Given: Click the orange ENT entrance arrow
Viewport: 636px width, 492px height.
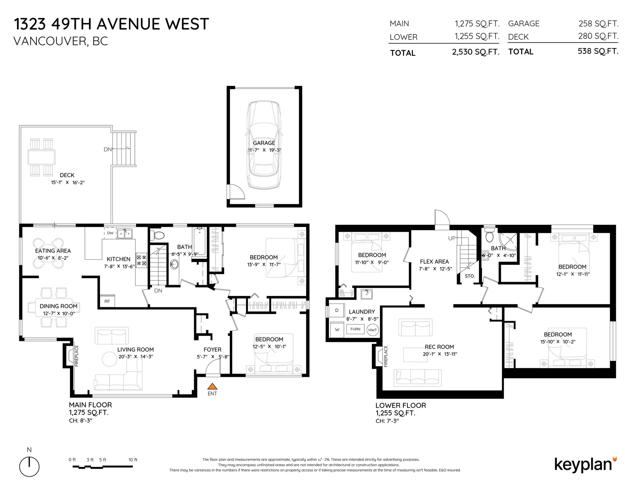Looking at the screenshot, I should (x=212, y=386).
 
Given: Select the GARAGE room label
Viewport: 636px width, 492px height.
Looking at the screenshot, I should (x=264, y=143).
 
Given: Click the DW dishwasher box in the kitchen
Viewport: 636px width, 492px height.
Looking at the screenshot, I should (x=110, y=233).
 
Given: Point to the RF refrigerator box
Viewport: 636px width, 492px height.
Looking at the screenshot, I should (x=107, y=301).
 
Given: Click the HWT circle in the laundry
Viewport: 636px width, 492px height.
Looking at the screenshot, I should (x=373, y=330).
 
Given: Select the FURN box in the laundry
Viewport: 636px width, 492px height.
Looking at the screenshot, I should (x=355, y=329).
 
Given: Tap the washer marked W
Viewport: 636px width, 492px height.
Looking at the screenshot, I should (x=337, y=330).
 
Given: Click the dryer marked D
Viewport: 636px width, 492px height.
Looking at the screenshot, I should (x=337, y=311).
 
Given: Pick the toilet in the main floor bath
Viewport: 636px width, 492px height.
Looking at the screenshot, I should (x=158, y=235).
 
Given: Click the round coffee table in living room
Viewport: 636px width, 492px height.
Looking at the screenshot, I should (x=109, y=359).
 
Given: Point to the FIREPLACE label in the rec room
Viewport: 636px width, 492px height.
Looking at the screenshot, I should (x=386, y=356).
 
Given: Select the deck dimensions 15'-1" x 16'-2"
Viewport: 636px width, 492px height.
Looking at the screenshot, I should (x=68, y=183).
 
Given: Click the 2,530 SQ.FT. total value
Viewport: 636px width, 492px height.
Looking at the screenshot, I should (x=475, y=52).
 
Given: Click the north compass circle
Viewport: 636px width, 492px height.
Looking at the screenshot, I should (x=29, y=467).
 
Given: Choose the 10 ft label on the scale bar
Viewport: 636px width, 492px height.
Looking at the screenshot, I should (x=133, y=460).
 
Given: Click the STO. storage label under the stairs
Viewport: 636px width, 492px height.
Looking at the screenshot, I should (x=470, y=276).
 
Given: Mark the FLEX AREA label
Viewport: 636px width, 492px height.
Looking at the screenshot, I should (x=434, y=262).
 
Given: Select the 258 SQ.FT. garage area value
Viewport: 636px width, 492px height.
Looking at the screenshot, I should (x=598, y=24).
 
